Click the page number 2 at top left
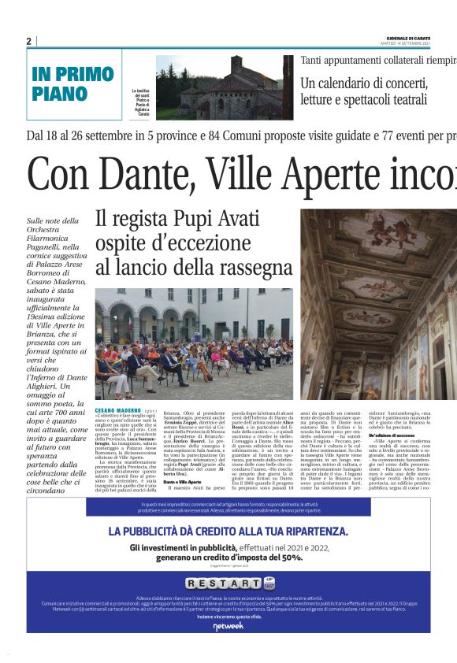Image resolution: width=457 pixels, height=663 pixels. pyautogui.click(x=29, y=41)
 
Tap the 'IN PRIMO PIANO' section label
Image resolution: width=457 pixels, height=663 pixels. pyautogui.click(x=72, y=83)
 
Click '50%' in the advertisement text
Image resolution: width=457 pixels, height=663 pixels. pyautogui.click(x=292, y=557)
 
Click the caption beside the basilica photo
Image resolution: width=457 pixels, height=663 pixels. pyautogui.click(x=142, y=102)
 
